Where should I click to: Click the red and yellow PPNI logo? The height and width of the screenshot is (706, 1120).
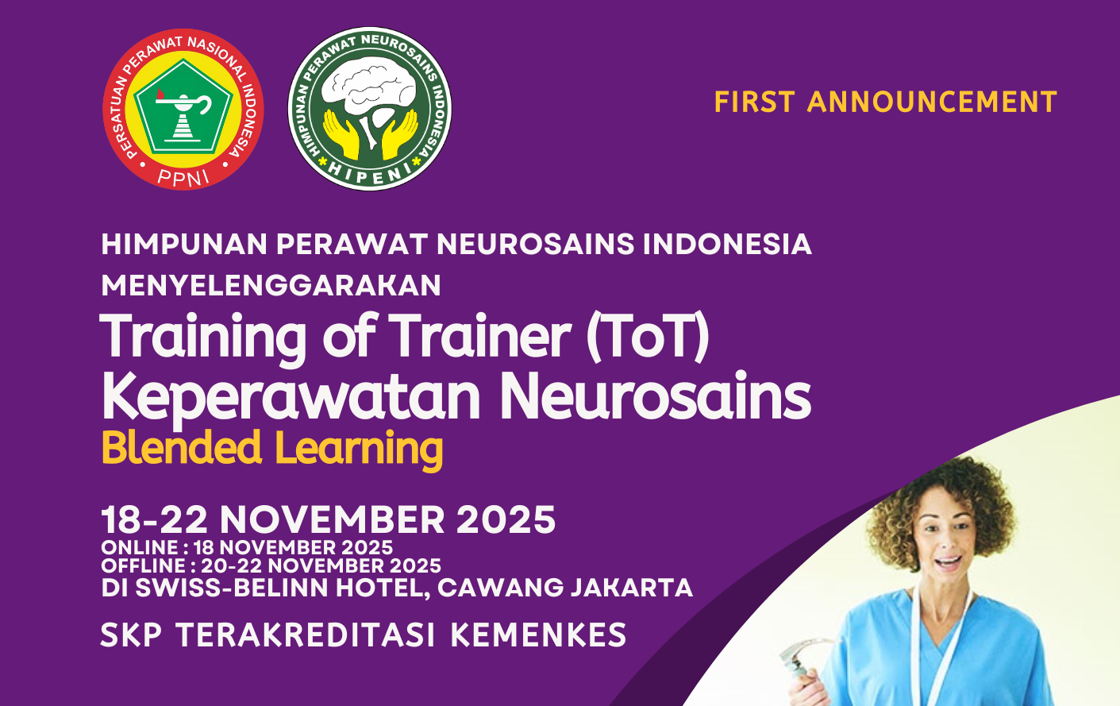(183, 109)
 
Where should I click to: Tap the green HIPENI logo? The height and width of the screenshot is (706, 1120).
(370, 109)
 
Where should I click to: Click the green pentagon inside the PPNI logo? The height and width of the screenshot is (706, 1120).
(183, 106)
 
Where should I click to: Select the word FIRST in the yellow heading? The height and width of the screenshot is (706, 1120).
(754, 102)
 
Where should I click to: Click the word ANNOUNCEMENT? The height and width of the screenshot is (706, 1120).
(932, 102)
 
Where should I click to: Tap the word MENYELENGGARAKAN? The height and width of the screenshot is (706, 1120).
(271, 286)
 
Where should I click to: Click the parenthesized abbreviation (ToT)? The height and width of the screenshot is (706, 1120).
(648, 336)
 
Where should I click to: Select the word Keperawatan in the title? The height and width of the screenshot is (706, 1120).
(291, 397)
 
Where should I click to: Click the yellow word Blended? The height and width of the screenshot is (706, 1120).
(182, 447)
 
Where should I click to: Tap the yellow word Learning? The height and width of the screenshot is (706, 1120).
(359, 450)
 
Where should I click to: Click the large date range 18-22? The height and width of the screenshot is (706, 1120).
(154, 519)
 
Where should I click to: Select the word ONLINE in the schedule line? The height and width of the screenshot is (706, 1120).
(140, 547)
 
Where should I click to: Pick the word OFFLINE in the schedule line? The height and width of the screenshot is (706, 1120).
(144, 566)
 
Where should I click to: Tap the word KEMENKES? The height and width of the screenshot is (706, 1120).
(538, 635)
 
